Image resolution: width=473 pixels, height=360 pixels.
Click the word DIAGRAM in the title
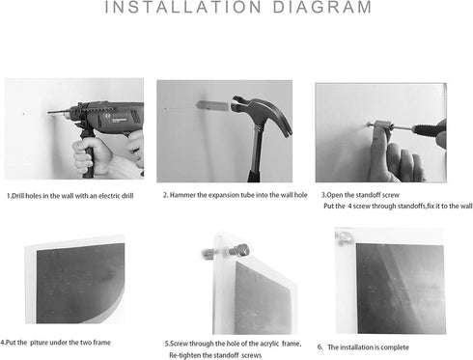point(322,7)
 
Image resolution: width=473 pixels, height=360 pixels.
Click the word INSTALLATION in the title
point(183,7)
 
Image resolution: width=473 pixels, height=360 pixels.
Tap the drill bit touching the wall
point(59,112)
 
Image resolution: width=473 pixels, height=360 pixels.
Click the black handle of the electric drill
point(88,153)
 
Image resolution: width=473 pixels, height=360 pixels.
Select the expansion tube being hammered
point(212,105)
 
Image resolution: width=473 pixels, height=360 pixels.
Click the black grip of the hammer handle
point(254,176)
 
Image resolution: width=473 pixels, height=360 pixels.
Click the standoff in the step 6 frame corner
point(345,238)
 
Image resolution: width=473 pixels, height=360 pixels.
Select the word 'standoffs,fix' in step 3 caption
point(415,206)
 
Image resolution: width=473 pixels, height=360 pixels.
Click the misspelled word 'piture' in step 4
point(38,343)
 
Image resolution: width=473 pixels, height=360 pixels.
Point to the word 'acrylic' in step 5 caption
point(268,344)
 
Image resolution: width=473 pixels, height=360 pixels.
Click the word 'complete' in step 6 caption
point(394,347)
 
